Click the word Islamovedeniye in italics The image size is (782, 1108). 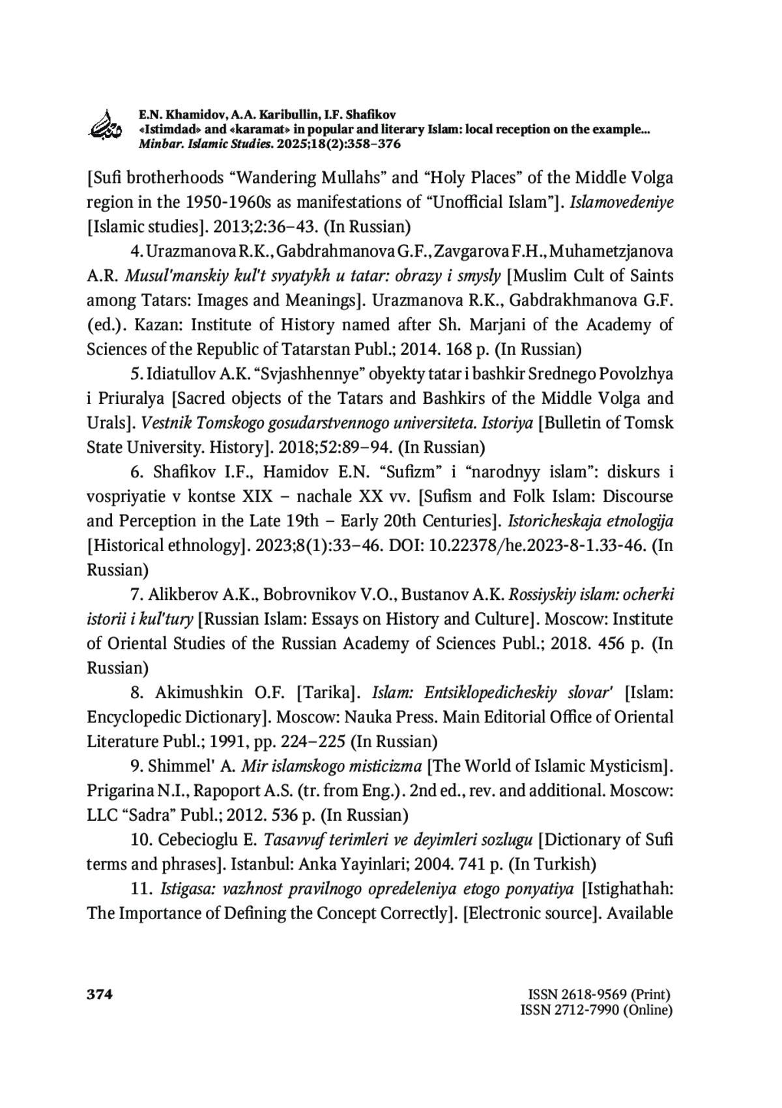(x=622, y=202)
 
